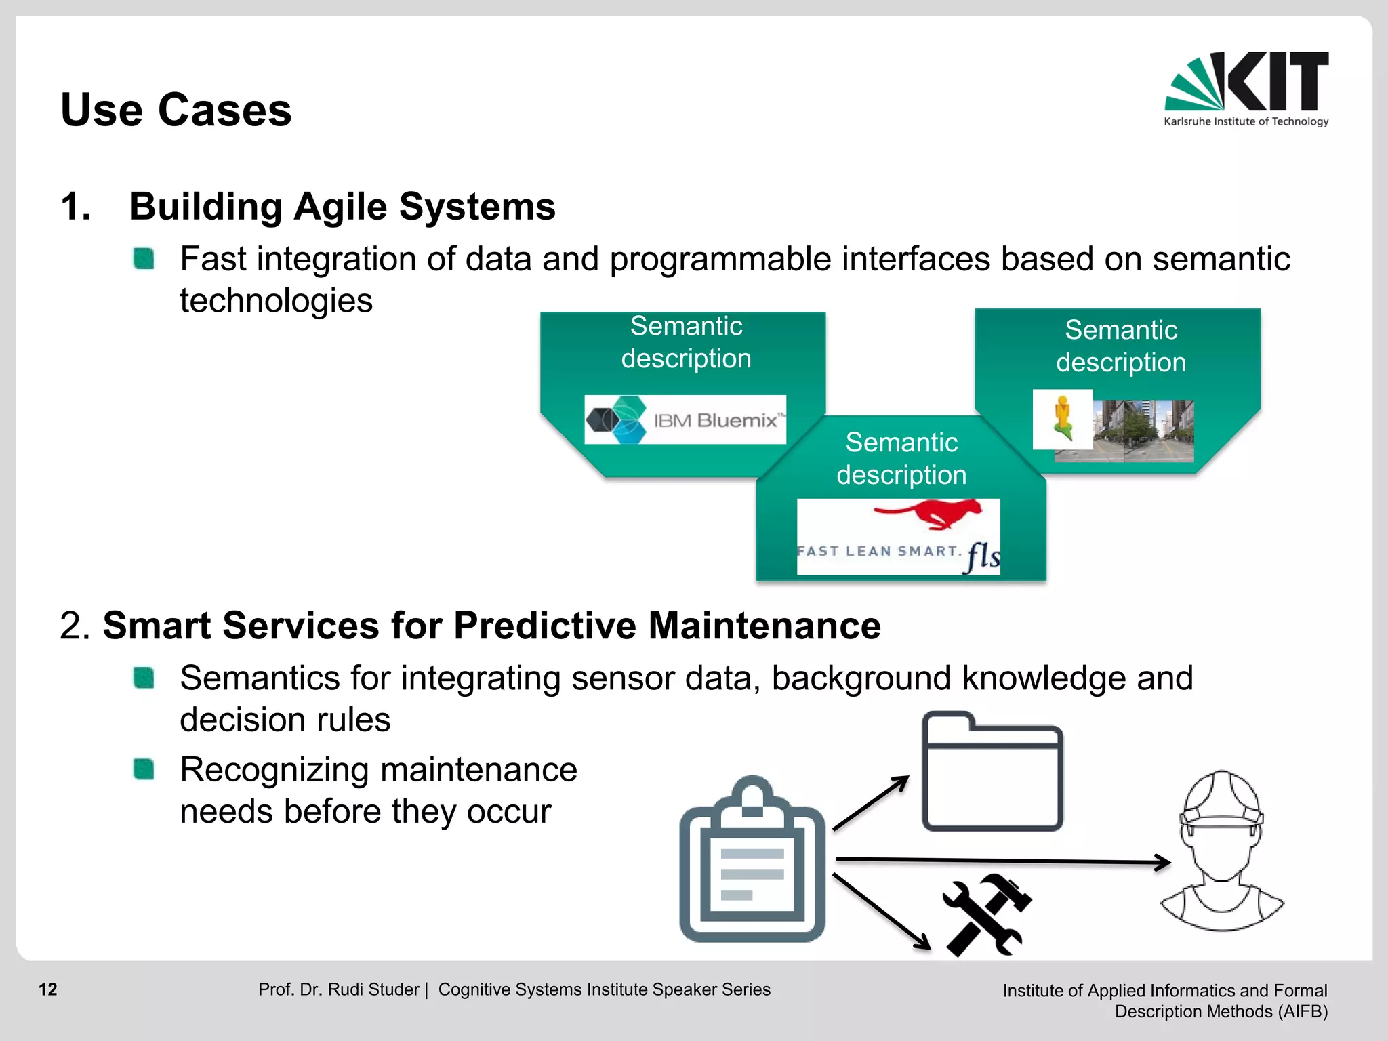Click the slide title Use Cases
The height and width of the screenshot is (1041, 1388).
click(176, 110)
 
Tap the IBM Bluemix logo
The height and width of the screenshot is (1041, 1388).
click(685, 420)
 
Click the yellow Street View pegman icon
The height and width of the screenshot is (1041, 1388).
click(1062, 419)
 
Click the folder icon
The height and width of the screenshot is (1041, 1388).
click(992, 773)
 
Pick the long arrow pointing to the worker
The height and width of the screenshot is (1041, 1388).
click(1003, 861)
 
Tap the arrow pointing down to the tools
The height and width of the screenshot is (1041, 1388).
click(881, 912)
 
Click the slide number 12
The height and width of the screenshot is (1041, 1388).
click(48, 989)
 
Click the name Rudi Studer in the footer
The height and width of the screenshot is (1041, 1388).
click(373, 989)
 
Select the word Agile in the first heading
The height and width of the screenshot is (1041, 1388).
click(341, 207)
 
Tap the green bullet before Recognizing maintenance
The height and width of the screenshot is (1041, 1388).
click(144, 770)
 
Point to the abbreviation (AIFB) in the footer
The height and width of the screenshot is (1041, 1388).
click(1303, 1012)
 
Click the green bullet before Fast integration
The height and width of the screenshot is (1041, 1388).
click(144, 259)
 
